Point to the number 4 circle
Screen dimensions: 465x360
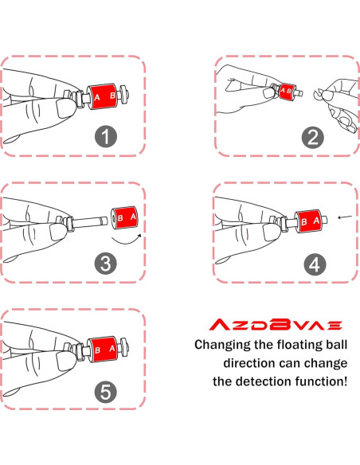(x=312, y=264)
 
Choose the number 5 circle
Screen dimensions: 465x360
(x=103, y=390)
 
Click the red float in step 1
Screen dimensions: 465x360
(x=105, y=96)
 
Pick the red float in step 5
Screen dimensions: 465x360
(x=105, y=349)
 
